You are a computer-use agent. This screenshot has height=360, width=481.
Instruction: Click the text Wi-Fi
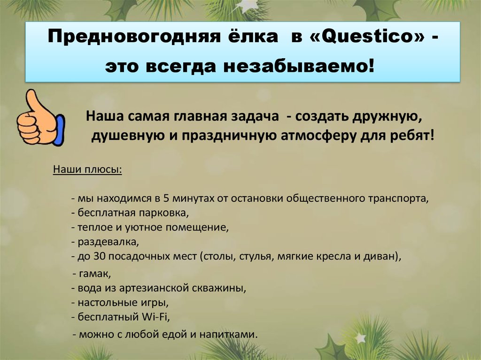pos(155,317)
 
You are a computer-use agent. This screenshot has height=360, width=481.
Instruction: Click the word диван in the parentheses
pos(385,257)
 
